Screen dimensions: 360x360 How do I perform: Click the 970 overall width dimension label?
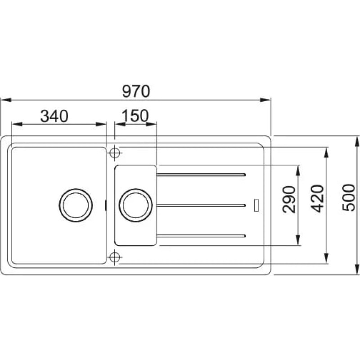136,91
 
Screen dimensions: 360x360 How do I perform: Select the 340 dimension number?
54,116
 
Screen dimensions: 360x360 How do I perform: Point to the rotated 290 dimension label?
289,199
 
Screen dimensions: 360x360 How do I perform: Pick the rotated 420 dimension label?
317,198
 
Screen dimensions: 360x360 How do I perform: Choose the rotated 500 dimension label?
348,198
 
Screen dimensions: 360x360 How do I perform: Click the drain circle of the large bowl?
76,205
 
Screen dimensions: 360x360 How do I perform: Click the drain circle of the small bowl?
135,205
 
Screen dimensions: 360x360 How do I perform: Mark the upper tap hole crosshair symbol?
115,153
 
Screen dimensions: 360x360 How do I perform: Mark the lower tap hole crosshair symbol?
115,257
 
